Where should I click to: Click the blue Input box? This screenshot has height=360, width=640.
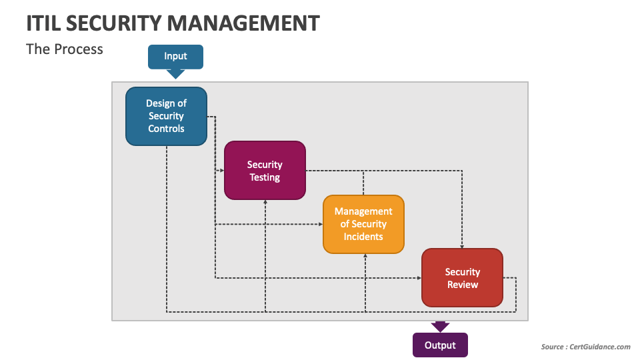[x=175, y=57]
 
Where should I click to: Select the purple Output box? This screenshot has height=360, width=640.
[x=440, y=345]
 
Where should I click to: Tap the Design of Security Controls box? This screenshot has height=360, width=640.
[x=166, y=116]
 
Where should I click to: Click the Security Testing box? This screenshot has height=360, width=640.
[x=265, y=171]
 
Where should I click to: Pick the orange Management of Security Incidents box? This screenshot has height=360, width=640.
[x=363, y=224]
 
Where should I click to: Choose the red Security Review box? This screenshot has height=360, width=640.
[x=462, y=278]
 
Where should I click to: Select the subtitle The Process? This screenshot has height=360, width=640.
[x=65, y=49]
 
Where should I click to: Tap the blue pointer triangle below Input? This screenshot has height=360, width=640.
[x=175, y=74]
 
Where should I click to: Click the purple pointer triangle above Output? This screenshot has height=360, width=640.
[x=440, y=327]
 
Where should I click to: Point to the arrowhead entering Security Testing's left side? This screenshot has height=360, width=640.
[x=221, y=171]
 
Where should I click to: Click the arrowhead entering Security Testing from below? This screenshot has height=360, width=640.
[x=265, y=202]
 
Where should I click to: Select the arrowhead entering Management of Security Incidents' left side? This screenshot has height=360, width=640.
[x=320, y=225]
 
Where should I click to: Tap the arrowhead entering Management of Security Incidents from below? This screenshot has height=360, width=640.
[x=365, y=256]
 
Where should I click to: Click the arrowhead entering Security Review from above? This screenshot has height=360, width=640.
[x=462, y=245]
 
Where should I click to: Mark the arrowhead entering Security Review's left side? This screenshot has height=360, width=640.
[x=419, y=278]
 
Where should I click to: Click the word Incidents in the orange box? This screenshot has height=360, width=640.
[x=363, y=237]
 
